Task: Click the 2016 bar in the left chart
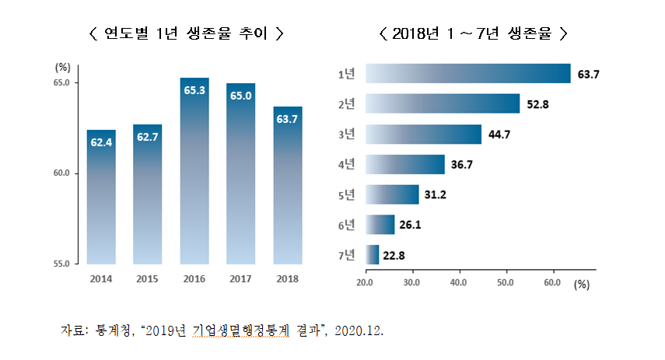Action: (194, 171)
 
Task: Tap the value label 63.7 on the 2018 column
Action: (288, 119)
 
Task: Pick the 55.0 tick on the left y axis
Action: (61, 264)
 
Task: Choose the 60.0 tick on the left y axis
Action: (61, 173)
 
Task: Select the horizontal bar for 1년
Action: (467, 73)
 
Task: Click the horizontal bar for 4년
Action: (404, 164)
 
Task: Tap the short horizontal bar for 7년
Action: (372, 254)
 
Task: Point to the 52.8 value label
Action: (538, 104)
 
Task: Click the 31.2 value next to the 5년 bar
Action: (436, 195)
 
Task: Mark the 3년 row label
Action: (347, 135)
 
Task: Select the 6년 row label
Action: (347, 225)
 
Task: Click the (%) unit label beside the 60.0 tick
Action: (582, 285)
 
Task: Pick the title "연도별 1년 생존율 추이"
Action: (187, 33)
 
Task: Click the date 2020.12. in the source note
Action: (359, 330)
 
